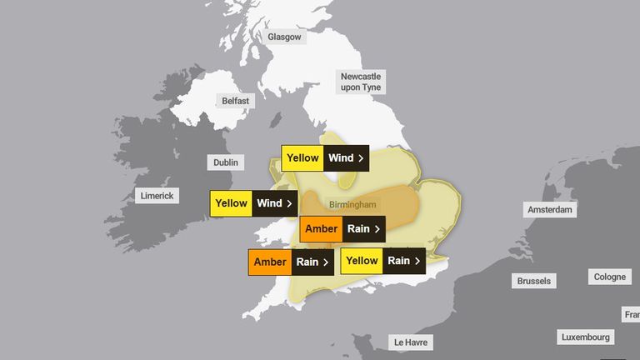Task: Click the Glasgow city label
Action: coord(285,37)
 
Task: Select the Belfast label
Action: coord(234,101)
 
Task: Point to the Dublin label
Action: coord(225,162)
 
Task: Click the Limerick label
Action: coord(157,196)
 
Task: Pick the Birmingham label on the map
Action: coord(352,204)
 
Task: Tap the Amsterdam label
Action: coord(549,210)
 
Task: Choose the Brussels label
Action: coord(533,281)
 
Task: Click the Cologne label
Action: coord(610,277)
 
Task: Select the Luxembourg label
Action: coord(586,337)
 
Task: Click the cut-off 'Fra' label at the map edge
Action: coord(632,314)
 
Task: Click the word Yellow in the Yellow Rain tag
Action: coord(362,261)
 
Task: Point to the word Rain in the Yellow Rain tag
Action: coord(398,261)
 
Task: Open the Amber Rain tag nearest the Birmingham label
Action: coord(342,228)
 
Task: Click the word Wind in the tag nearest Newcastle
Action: coord(340,157)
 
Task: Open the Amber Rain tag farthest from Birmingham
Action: coord(291,262)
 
